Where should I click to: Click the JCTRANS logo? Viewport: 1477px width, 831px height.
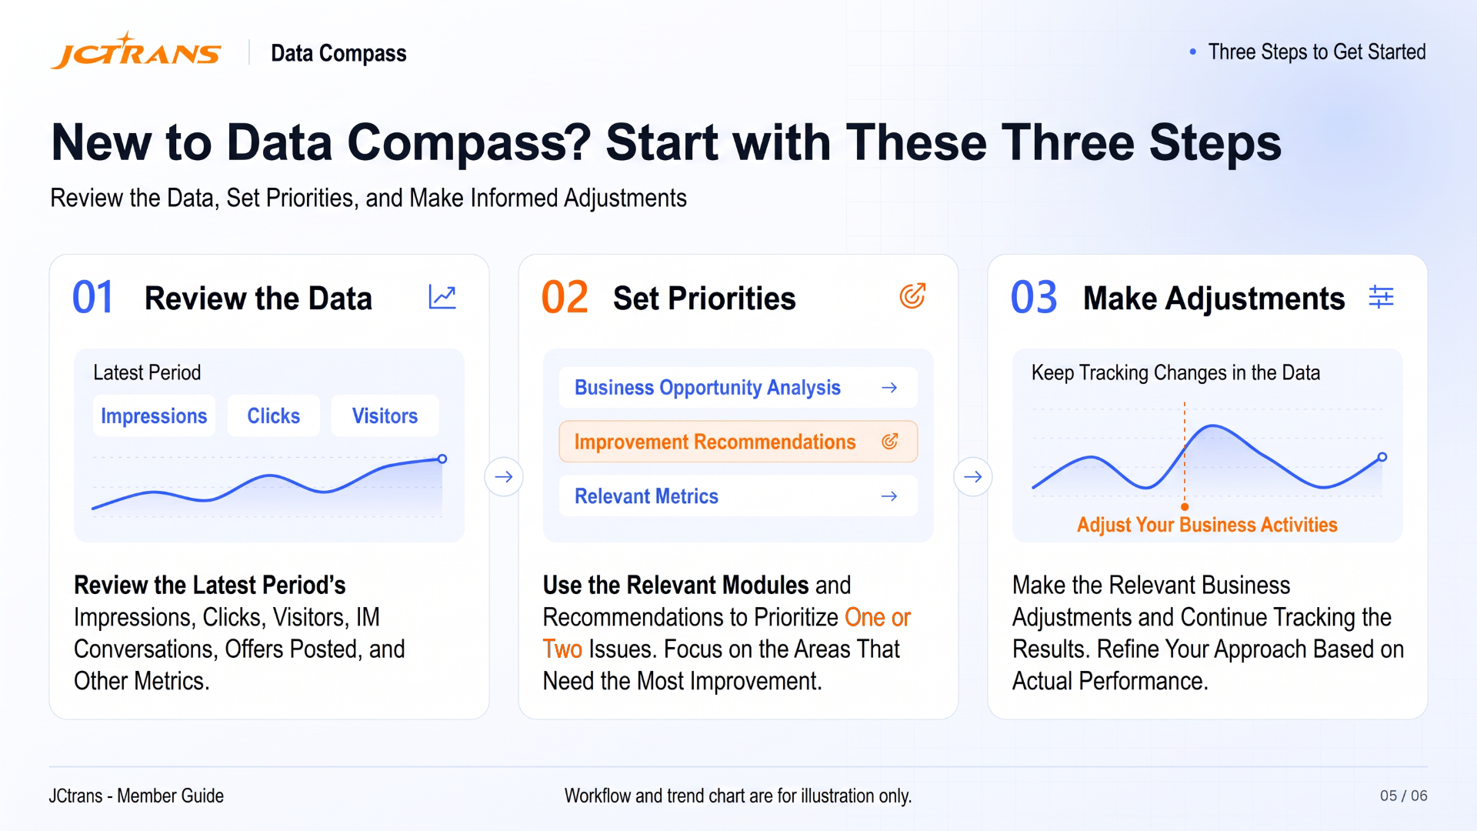click(x=136, y=51)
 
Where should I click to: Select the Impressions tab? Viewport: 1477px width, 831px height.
click(x=154, y=416)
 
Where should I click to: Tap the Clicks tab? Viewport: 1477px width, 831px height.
click(x=273, y=416)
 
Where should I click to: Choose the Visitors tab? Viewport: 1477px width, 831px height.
click(x=385, y=416)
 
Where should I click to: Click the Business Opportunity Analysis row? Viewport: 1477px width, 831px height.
click(x=738, y=388)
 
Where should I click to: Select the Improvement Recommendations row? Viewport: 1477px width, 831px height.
click(x=738, y=442)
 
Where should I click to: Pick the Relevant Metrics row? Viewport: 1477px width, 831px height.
click(x=738, y=496)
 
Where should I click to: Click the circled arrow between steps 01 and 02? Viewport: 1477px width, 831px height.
click(x=504, y=477)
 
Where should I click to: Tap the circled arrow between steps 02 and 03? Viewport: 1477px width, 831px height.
click(x=973, y=477)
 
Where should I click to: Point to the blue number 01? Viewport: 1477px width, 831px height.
click(x=93, y=298)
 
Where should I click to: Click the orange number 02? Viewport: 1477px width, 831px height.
click(x=565, y=298)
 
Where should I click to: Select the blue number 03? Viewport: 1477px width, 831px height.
click(x=1034, y=298)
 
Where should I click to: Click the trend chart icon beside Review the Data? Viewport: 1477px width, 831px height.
click(x=442, y=297)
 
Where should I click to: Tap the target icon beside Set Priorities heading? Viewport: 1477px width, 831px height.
click(x=912, y=296)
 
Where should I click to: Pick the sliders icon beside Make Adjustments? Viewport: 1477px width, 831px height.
click(x=1382, y=297)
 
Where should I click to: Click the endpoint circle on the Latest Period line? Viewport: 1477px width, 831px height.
click(x=442, y=459)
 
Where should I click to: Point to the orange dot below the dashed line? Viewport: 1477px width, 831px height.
click(x=1185, y=507)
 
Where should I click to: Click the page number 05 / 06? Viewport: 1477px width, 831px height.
click(x=1403, y=796)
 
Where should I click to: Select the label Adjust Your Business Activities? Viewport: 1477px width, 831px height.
click(x=1207, y=525)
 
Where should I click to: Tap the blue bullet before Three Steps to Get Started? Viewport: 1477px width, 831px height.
click(x=1193, y=52)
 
